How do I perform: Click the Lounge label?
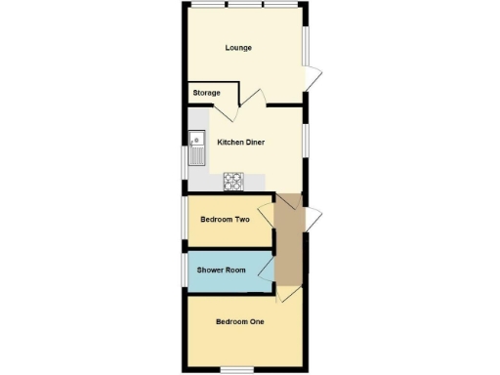tap(238, 48)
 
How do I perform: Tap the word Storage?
tap(205, 93)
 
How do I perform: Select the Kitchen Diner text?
tap(240, 142)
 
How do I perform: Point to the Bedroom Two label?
tap(225, 220)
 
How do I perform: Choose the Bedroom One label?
tap(239, 321)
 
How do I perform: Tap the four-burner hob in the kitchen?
tap(234, 180)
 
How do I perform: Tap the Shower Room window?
tap(184, 269)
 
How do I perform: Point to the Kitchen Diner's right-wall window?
tap(305, 140)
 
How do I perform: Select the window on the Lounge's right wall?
tap(305, 45)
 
